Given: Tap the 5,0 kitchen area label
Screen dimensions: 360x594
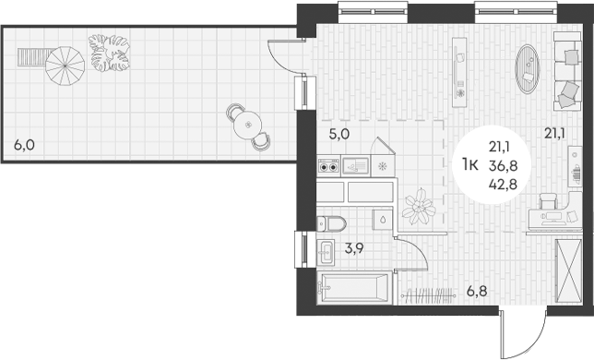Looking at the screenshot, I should (x=339, y=134).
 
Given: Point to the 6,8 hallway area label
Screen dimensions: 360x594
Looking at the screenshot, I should (x=476, y=293).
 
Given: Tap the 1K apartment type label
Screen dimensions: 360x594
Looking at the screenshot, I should (x=469, y=163).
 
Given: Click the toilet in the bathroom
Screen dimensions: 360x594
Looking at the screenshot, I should (x=330, y=222).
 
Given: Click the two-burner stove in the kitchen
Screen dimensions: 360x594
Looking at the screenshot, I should (x=328, y=166).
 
